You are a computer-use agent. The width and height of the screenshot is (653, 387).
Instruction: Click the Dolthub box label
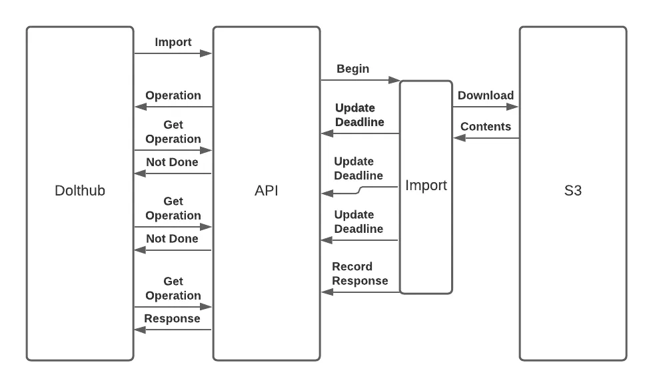(79, 191)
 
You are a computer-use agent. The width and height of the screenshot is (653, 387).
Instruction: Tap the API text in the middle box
(266, 191)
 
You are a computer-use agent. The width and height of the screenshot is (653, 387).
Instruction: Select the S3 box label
(572, 191)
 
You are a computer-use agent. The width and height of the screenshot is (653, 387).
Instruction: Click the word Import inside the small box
(426, 185)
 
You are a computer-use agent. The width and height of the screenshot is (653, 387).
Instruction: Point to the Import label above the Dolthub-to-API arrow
(173, 42)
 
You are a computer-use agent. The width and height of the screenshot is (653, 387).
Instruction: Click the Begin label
(352, 69)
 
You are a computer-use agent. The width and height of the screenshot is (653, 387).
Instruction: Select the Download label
(485, 95)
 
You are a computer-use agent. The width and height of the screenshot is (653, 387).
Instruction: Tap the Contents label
(485, 126)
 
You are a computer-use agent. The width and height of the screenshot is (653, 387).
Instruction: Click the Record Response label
(360, 274)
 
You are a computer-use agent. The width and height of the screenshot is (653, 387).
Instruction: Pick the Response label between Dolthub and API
(172, 318)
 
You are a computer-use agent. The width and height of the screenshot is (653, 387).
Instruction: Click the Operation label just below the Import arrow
(173, 95)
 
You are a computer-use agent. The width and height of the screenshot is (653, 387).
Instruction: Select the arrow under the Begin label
(360, 80)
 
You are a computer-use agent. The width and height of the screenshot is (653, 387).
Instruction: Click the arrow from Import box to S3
(485, 106)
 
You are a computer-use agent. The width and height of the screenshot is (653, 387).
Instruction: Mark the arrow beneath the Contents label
(486, 138)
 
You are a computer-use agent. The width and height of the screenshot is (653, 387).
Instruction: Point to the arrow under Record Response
(360, 292)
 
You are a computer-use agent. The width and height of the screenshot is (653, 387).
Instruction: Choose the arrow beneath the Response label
(173, 329)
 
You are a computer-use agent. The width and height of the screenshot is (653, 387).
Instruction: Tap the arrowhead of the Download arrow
(514, 106)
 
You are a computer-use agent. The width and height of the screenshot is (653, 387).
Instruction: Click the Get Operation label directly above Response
(173, 288)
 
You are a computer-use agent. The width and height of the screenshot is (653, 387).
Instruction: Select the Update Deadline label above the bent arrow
(358, 168)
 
